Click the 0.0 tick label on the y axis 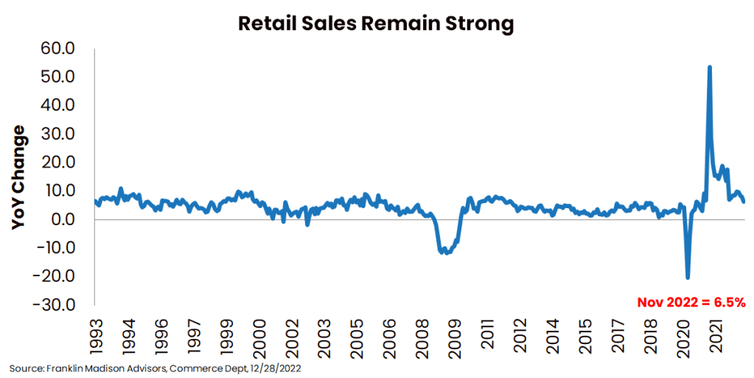[69, 219]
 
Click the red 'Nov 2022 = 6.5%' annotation [691, 302]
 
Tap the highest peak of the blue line [709, 67]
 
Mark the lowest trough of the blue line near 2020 [688, 277]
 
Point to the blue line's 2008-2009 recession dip [446, 252]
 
